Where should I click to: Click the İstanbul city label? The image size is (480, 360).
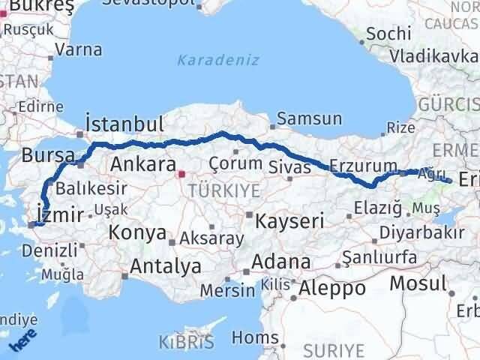(124, 124)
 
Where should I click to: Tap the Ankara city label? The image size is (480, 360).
(142, 164)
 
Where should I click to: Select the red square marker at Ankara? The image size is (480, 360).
(181, 175)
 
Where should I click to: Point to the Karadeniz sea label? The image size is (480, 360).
(218, 60)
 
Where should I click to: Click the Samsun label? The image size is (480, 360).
(309, 119)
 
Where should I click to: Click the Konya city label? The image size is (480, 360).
(137, 232)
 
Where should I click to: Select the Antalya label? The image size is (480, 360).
(166, 265)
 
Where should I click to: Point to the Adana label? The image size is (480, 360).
(281, 262)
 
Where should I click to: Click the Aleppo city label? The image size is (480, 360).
(332, 287)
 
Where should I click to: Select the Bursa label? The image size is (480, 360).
(47, 155)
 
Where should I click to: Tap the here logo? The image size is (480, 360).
(22, 343)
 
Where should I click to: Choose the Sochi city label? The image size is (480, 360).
(390, 34)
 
